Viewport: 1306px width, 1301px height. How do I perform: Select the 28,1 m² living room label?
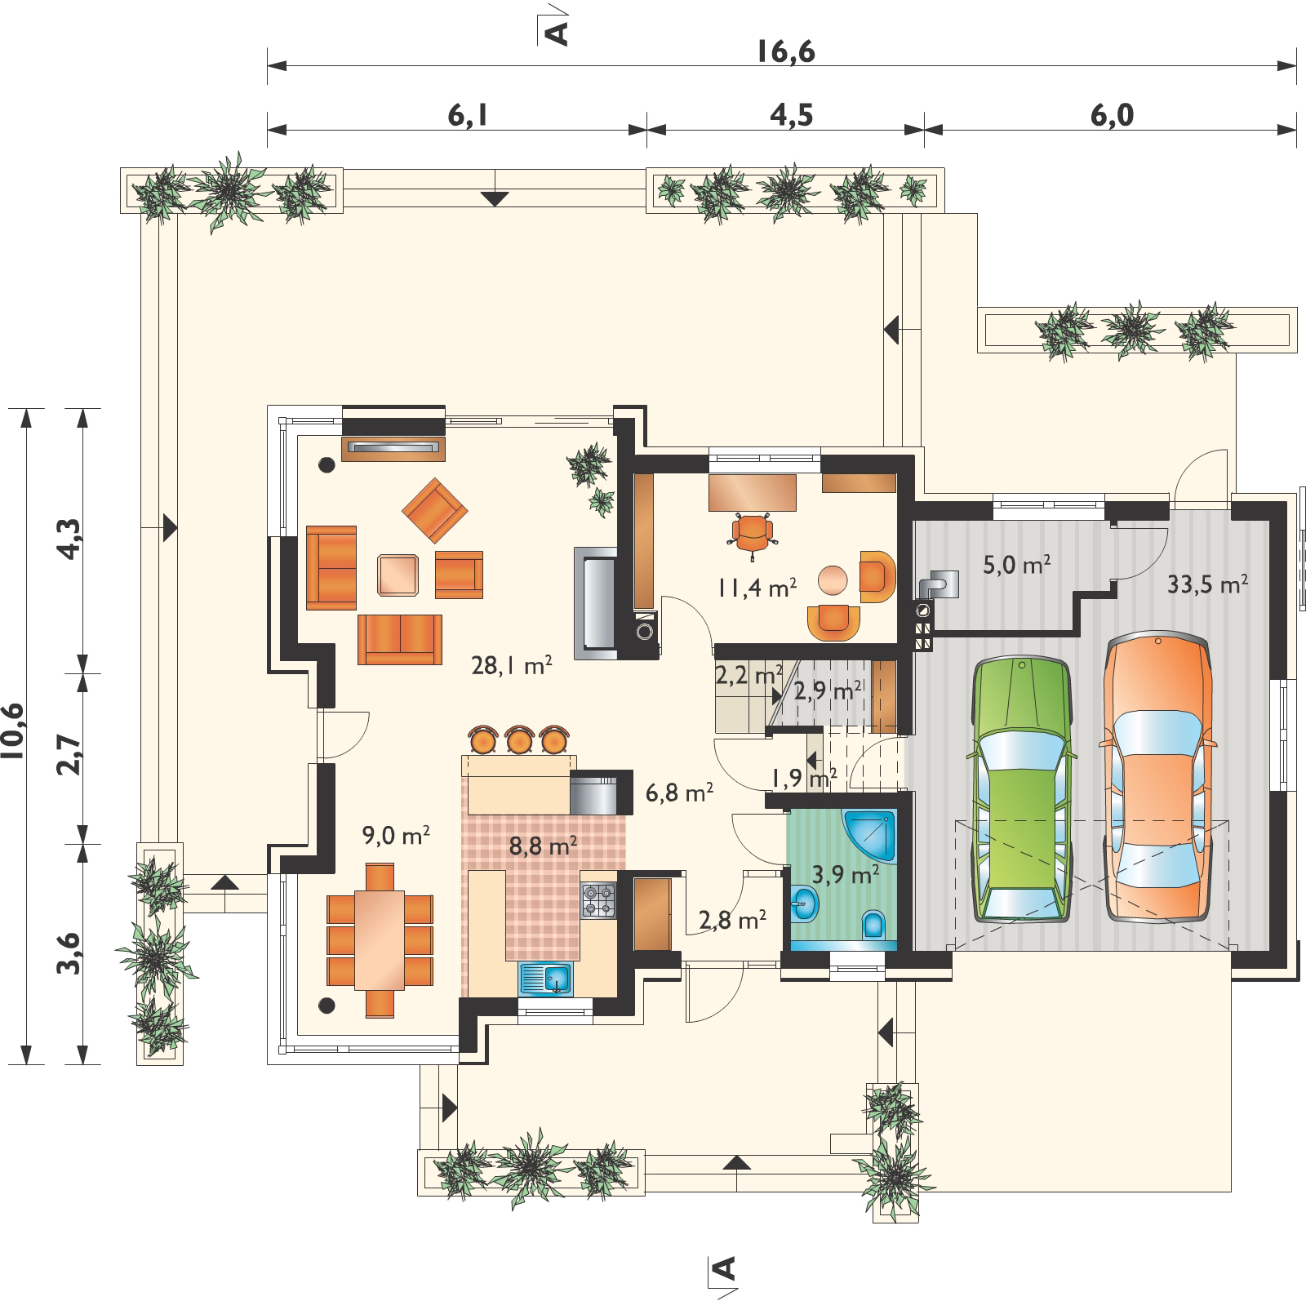513,666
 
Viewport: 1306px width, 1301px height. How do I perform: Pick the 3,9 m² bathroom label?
846,876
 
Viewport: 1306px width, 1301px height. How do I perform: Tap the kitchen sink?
545,979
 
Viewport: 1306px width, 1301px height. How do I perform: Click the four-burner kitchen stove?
598,901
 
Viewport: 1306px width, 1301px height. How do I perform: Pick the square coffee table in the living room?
398,575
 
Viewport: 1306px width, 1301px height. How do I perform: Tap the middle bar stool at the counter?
519,739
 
